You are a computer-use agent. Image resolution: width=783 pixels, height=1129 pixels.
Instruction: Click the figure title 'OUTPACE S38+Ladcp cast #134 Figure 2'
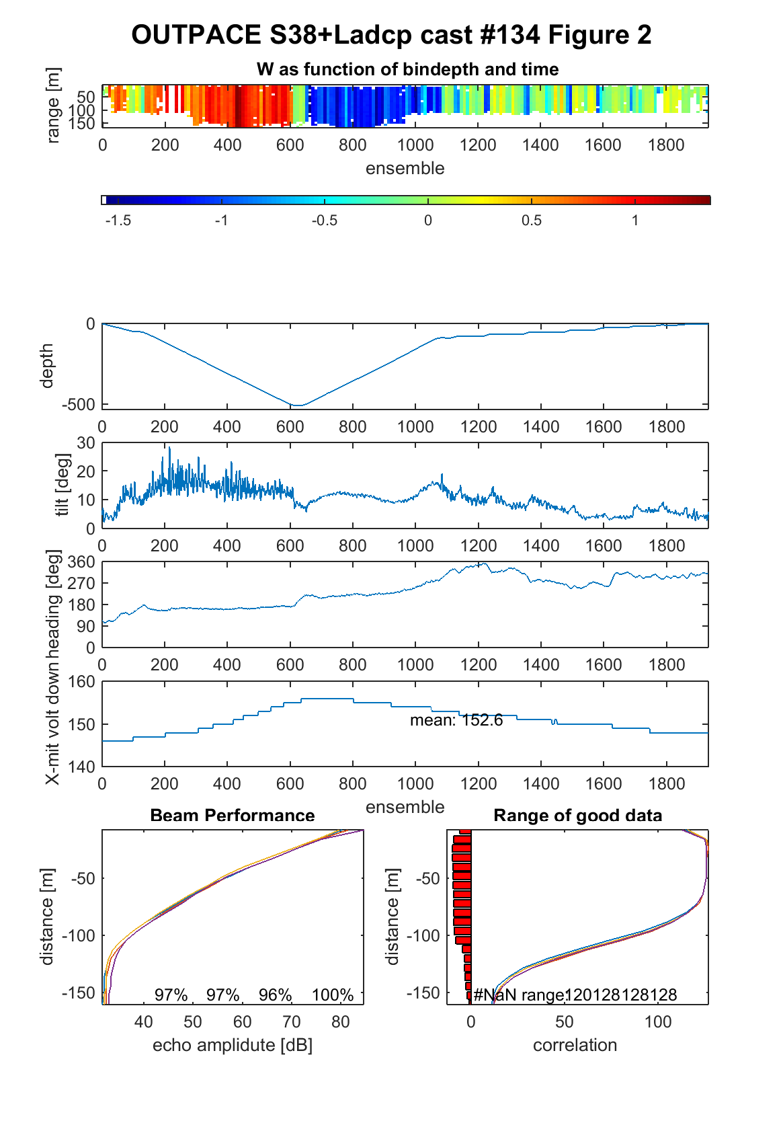coord(391,35)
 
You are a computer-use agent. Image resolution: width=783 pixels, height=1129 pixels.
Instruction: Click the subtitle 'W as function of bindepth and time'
coord(407,69)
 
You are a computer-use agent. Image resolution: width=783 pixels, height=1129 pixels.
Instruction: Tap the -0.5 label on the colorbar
coord(324,221)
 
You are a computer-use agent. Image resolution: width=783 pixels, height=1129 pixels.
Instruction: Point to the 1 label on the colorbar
coord(635,221)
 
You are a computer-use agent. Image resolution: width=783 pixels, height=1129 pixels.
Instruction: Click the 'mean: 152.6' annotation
coord(456,719)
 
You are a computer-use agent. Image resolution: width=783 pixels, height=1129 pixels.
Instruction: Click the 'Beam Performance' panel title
coord(233,815)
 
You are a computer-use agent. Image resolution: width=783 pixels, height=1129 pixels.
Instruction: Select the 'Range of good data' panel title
coord(577,815)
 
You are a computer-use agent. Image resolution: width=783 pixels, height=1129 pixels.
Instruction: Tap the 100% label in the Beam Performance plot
coord(333,995)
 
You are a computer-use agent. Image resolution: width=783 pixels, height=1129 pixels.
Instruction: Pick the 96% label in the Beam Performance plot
coord(275,995)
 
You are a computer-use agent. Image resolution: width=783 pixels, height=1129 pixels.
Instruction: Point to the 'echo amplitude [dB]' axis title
coord(233,1045)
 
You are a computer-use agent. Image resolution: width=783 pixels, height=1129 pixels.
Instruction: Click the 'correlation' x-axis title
coord(575,1045)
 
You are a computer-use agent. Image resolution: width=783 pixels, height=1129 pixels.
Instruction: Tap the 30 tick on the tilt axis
coord(85,442)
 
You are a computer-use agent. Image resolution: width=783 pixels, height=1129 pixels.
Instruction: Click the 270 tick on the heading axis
coord(81,583)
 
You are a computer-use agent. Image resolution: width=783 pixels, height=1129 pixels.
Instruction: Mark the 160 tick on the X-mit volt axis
coord(81,681)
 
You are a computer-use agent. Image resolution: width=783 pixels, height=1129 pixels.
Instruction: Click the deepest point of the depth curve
coord(298,405)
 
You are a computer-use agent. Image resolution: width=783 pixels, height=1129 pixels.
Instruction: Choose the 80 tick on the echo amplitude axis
coord(341,1021)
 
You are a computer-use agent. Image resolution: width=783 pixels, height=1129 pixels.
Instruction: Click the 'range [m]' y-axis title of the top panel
coord(53,106)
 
